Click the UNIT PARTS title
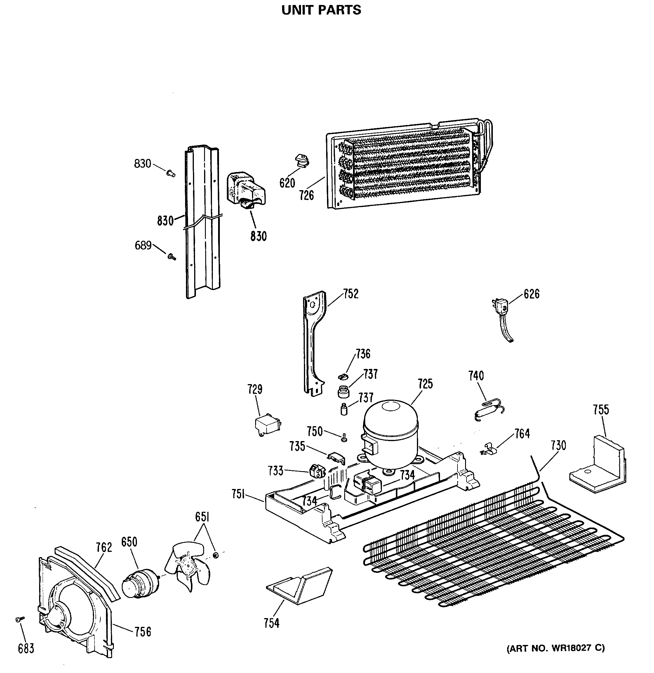321,10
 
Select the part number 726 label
306,196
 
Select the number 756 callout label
142,632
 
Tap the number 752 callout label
351,294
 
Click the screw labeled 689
171,256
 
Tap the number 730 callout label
558,445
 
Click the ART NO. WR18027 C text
555,648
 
